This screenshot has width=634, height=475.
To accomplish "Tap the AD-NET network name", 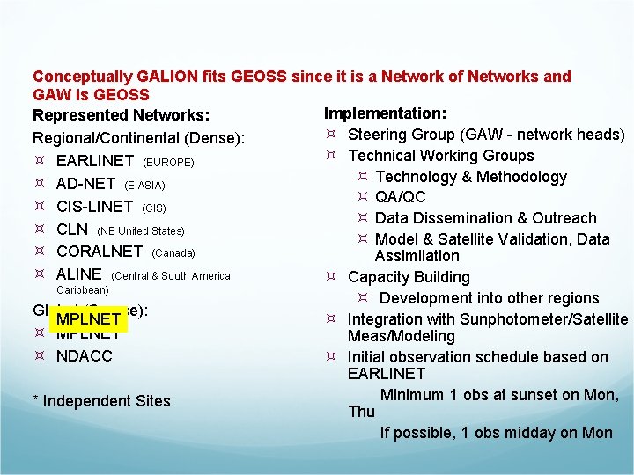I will [85, 185].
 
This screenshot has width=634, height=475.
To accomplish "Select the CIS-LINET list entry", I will [94, 207].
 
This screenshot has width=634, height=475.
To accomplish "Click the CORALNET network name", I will [99, 252].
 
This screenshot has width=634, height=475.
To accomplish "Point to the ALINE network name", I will [79, 274].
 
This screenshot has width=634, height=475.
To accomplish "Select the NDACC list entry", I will [85, 356].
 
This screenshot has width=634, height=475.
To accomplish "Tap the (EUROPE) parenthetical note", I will [167, 163].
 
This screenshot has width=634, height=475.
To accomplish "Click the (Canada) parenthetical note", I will [173, 252].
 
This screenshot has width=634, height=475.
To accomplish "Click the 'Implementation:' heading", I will [385, 113].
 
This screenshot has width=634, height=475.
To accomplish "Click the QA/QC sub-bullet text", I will [401, 197].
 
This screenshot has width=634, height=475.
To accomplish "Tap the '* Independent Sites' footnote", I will [101, 401].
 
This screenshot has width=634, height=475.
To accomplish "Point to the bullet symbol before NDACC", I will [40, 356].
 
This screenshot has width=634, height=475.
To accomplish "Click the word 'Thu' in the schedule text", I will [362, 412].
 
